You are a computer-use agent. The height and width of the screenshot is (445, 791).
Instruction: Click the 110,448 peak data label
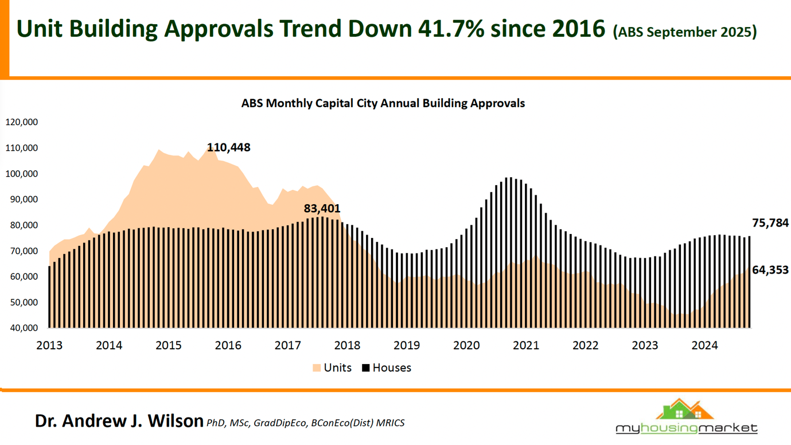pyautogui.click(x=228, y=147)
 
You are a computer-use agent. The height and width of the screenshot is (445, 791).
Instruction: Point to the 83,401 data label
pyautogui.click(x=322, y=208)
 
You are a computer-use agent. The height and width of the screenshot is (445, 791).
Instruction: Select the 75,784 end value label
pyautogui.click(x=770, y=223)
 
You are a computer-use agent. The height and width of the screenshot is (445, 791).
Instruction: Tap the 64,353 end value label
pyautogui.click(x=770, y=270)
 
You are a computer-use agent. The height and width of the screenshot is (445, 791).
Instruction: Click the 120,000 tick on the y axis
pyautogui.click(x=22, y=122)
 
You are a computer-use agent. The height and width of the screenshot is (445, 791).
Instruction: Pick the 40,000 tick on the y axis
pyautogui.click(x=22, y=328)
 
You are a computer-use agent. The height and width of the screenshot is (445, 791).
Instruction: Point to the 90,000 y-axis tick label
pyautogui.click(x=22, y=200)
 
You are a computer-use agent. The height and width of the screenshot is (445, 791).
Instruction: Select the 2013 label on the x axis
pyautogui.click(x=49, y=345)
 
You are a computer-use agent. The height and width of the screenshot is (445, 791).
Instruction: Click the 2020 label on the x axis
pyautogui.click(x=466, y=345)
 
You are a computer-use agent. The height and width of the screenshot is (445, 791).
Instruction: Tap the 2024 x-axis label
pyautogui.click(x=704, y=345)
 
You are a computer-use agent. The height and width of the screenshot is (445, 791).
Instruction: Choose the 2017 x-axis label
pyautogui.click(x=288, y=345)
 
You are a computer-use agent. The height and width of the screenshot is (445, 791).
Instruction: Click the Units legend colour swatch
pyautogui.click(x=317, y=368)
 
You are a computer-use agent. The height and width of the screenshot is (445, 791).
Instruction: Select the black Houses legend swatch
pyautogui.click(x=365, y=368)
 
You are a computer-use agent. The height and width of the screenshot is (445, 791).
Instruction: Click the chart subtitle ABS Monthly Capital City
pyautogui.click(x=383, y=104)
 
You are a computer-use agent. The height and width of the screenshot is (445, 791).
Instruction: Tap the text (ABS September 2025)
pyautogui.click(x=685, y=32)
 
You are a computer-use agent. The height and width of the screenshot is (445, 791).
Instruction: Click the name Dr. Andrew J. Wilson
pyautogui.click(x=119, y=420)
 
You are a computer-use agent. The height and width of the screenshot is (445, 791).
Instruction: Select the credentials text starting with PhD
pyautogui.click(x=305, y=423)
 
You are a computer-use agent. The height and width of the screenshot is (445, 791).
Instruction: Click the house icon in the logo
pyautogui.click(x=685, y=409)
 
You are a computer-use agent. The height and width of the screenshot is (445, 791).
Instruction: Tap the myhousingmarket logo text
pyautogui.click(x=686, y=428)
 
